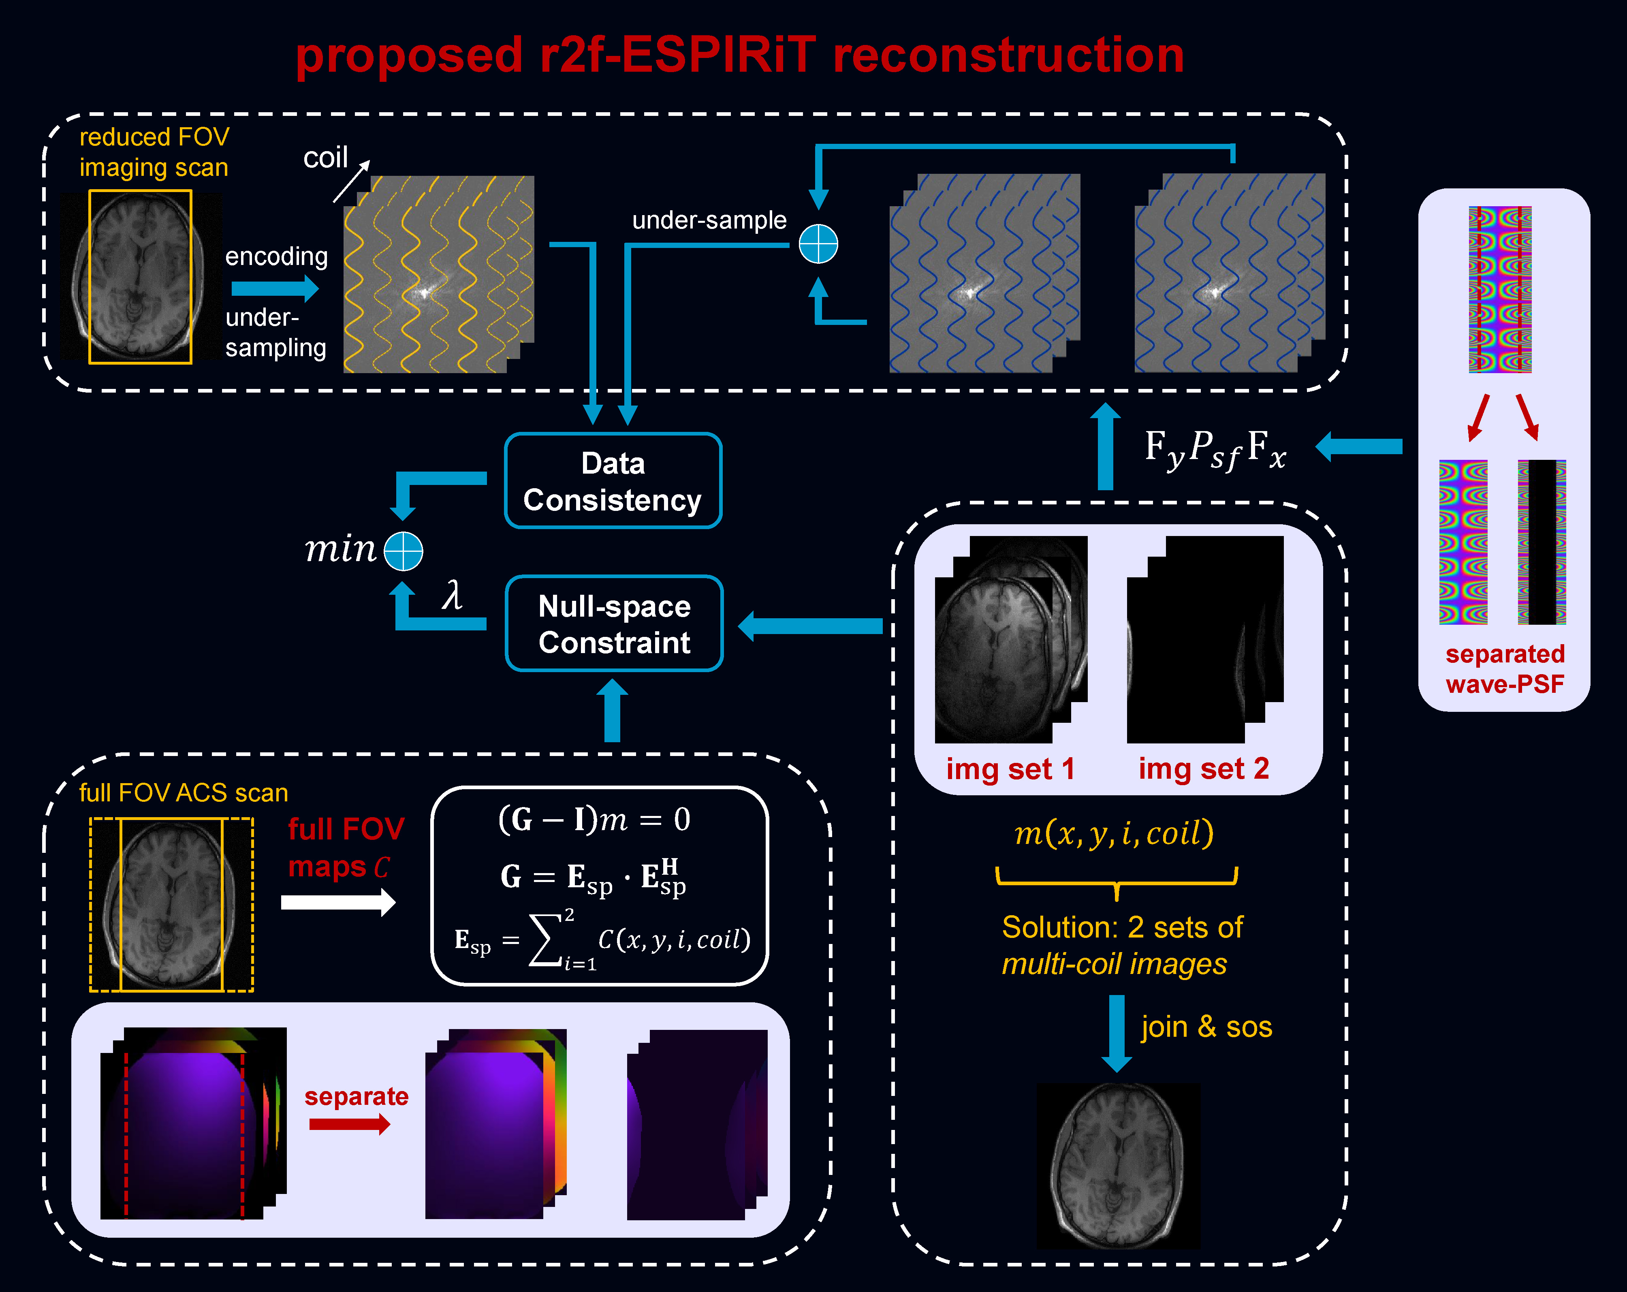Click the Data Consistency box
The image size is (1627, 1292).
click(613, 481)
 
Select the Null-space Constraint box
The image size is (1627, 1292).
click(614, 624)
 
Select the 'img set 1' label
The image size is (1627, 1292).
click(1010, 769)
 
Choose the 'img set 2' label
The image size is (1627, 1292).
click(1204, 769)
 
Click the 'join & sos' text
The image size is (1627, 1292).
click(1206, 1027)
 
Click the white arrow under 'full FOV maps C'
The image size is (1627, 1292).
click(338, 902)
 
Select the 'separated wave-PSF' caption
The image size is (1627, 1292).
click(1505, 668)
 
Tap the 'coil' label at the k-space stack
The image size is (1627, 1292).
click(325, 158)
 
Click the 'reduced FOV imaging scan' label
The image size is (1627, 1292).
click(154, 152)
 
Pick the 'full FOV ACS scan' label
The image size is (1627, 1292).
click(184, 792)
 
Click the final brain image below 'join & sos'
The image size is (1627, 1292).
click(1118, 1166)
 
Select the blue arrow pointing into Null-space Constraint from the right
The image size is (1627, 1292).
click(811, 626)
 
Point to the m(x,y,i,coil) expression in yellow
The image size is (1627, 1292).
click(1114, 833)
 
